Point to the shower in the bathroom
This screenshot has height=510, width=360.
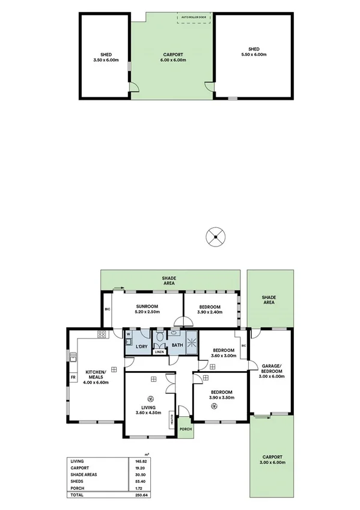(192, 343)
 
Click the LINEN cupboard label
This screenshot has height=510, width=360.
(159, 352)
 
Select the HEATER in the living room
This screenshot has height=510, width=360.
(172, 419)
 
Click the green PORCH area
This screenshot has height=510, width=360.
(185, 428)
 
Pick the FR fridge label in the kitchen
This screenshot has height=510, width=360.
(73, 378)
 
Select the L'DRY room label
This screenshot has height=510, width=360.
(142, 346)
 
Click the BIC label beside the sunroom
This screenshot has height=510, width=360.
(107, 309)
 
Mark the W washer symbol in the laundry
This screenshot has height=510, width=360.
(129, 334)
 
